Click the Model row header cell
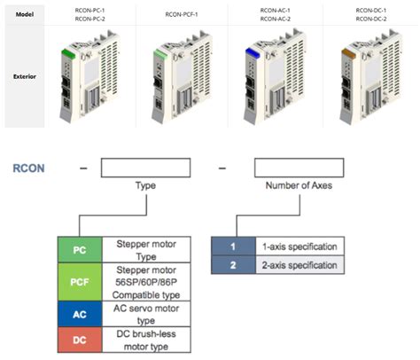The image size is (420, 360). coord(24,14)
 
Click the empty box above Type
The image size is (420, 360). coord(144,167)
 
